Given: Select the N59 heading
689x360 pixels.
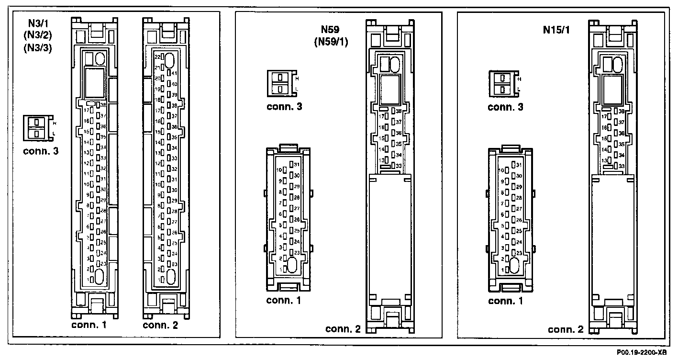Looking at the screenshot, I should (331, 30).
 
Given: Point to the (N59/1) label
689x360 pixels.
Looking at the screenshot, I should (331, 42).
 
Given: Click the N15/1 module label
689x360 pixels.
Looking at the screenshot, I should (556, 30).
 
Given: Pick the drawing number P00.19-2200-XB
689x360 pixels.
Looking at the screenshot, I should (645, 352).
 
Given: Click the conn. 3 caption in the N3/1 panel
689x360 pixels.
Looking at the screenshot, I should (41, 152).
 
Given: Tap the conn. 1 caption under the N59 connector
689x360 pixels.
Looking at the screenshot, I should (284, 301).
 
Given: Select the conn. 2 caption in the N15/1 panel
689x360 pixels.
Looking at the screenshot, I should (565, 329).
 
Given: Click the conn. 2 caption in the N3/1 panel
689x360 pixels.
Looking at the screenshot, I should (160, 325).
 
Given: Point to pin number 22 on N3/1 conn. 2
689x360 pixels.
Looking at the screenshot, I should (157, 56).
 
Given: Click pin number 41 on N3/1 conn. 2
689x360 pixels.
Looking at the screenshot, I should (174, 73).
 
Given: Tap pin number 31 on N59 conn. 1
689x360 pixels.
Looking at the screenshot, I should (297, 164).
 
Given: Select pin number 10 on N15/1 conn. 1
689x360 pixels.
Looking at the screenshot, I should (501, 170).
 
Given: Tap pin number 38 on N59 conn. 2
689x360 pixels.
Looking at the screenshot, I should (399, 111).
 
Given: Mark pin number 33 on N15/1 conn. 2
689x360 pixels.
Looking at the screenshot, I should (622, 166).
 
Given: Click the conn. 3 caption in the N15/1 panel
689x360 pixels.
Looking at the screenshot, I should (505, 107).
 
